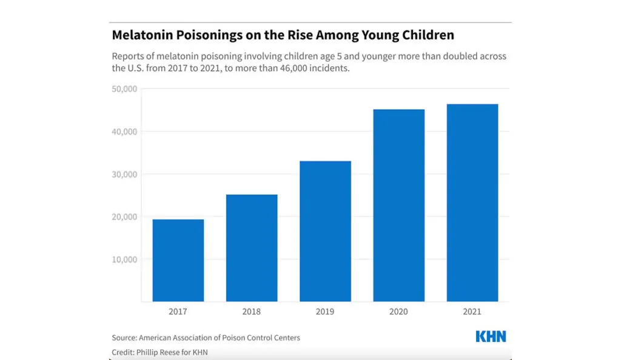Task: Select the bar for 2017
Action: tap(178, 260)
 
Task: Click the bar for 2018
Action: tap(252, 248)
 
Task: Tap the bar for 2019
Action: tap(325, 231)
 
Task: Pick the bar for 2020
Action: tap(398, 205)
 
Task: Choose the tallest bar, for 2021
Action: tap(472, 202)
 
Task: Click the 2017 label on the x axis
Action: tap(178, 312)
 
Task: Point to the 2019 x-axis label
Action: tap(325, 312)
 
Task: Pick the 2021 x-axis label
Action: tap(472, 312)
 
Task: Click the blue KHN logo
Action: tap(491, 337)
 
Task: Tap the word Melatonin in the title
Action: tap(141, 35)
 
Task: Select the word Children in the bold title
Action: tap(426, 35)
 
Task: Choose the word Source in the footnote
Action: tap(124, 338)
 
